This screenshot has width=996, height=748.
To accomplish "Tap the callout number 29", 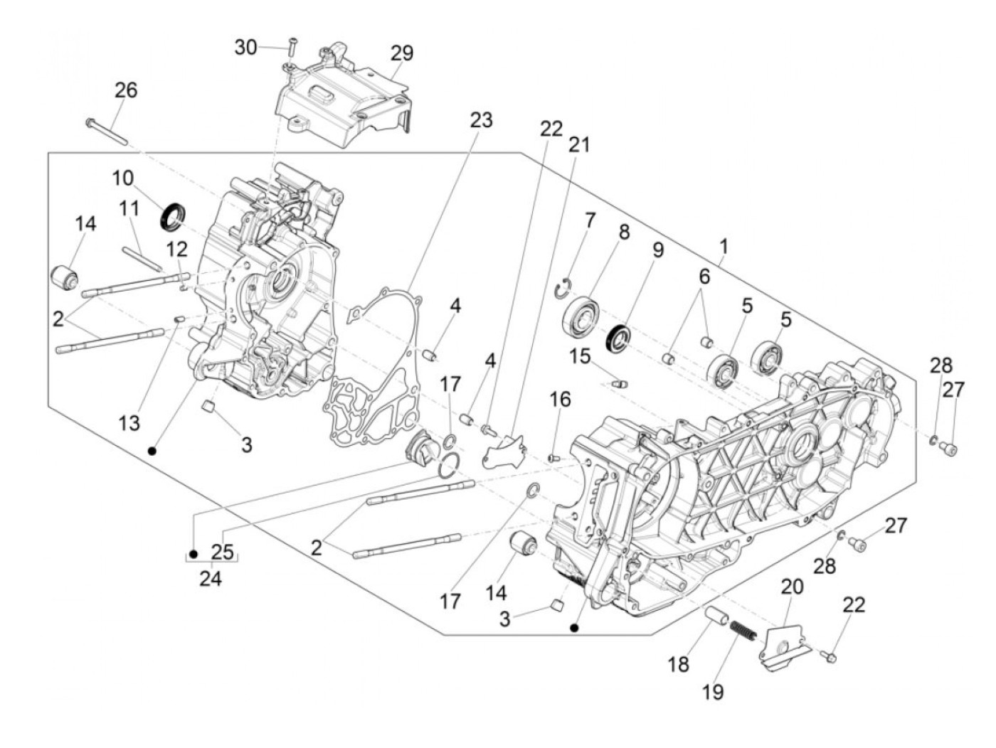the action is (401, 53).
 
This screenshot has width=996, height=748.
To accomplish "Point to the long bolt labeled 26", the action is (106, 132).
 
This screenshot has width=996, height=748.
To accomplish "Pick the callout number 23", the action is (481, 121).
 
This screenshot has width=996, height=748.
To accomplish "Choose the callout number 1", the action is (724, 247).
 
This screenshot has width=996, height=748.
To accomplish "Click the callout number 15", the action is (581, 356).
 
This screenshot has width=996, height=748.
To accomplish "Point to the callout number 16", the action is (561, 400).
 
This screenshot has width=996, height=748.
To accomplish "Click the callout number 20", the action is (792, 587).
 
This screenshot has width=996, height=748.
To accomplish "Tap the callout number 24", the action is (211, 579).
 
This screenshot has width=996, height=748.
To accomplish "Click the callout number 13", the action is (129, 423).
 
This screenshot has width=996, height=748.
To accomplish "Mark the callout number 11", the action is (129, 210).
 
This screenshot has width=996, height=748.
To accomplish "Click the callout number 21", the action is (579, 145).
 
